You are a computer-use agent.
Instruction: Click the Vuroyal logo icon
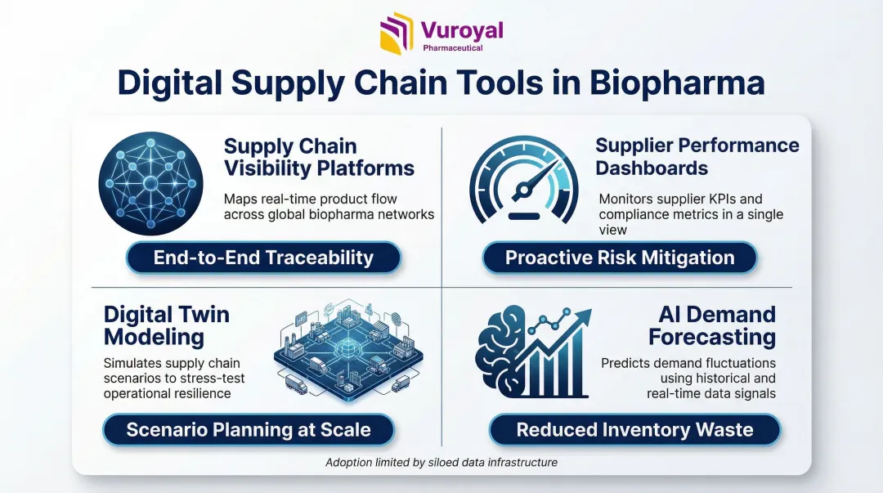(397, 34)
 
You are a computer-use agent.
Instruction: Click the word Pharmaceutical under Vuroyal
(453, 48)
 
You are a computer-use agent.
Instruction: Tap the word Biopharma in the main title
(677, 83)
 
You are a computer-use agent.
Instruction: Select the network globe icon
(151, 184)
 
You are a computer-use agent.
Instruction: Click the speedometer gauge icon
(524, 180)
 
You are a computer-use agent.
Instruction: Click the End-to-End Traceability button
(263, 258)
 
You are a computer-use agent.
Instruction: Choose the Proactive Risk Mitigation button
(620, 258)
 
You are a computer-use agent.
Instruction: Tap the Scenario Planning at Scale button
(249, 430)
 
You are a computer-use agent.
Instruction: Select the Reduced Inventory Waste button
(634, 430)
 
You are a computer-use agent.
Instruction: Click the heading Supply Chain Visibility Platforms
(319, 157)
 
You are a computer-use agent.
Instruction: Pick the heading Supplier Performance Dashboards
(697, 157)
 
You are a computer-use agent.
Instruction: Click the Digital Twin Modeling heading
(167, 325)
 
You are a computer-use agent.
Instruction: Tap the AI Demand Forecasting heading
(712, 325)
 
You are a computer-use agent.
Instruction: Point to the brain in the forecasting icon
(501, 349)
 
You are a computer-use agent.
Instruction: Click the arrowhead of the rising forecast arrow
(582, 317)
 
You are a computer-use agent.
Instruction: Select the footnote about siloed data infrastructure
(441, 463)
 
